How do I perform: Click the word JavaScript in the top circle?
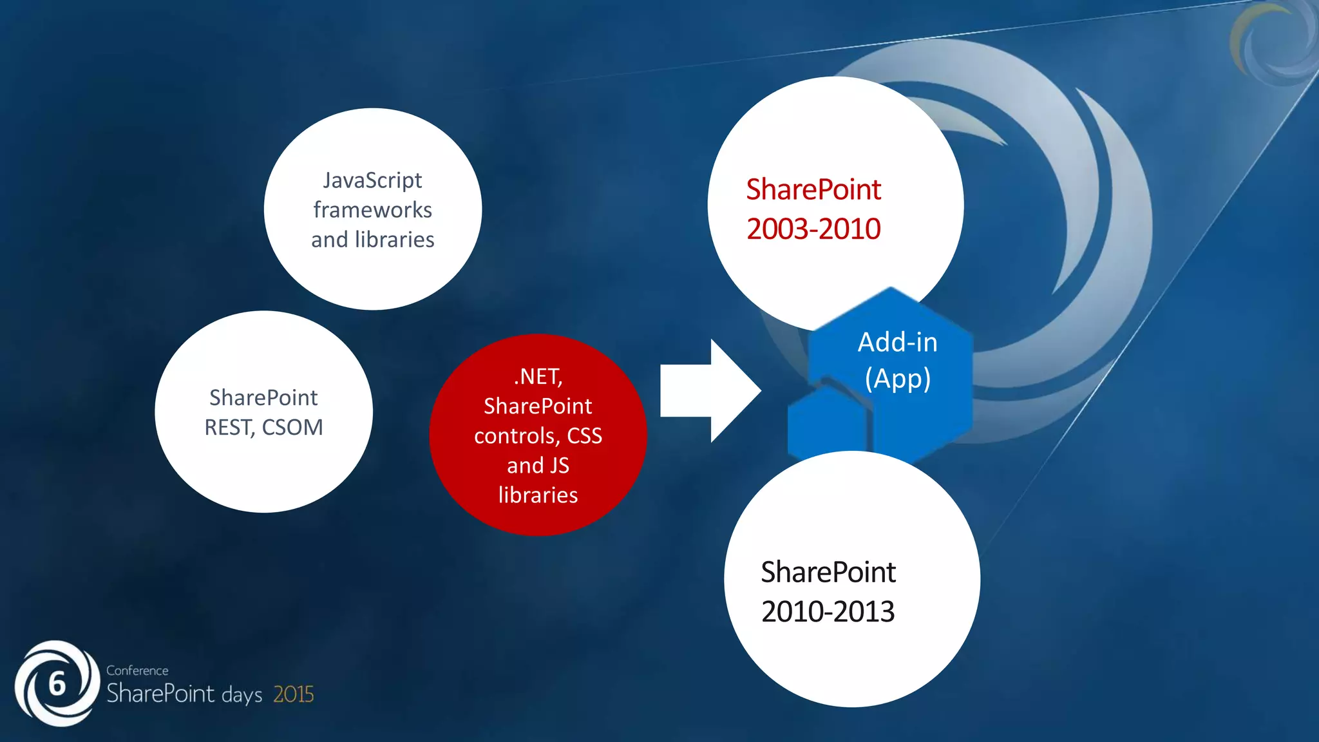point(372,180)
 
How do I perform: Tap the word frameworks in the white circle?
point(372,210)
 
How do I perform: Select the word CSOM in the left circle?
point(292,428)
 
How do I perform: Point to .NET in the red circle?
point(537,376)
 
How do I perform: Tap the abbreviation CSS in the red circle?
point(584,436)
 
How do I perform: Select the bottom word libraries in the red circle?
point(538,495)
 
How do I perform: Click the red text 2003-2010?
point(813,229)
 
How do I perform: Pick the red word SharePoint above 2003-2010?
point(813,190)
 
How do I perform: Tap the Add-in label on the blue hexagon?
point(897,342)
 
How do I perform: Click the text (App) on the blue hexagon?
point(897,379)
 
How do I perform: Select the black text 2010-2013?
point(828,612)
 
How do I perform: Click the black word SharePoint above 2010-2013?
point(828,572)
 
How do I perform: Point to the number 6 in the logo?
point(57,684)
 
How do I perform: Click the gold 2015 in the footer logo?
point(293,694)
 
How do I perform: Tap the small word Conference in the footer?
point(137,671)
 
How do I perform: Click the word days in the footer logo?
point(242,696)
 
